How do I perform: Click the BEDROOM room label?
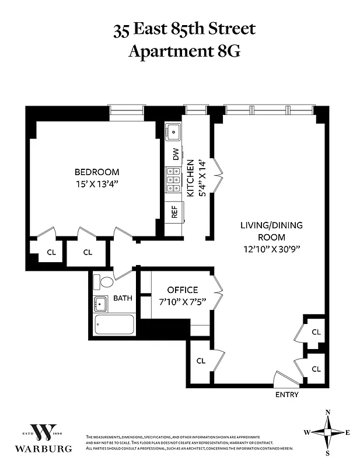coord(97,172)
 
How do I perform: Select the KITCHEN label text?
coord(190,179)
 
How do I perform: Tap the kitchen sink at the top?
coord(172,132)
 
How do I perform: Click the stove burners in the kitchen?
coord(173,180)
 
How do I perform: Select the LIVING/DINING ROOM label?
coord(271,231)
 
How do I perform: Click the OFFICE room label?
coord(183,290)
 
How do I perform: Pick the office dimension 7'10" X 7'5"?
coord(183,302)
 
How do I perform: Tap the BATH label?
coord(123,298)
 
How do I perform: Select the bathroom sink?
coord(101,304)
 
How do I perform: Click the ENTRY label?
coord(286,395)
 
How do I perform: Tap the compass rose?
coord(327,433)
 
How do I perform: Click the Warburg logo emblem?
coord(44,432)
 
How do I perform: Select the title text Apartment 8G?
coord(184,51)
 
